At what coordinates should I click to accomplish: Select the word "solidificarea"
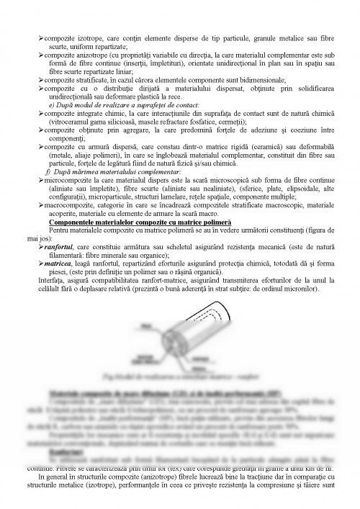click(x=313, y=88)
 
